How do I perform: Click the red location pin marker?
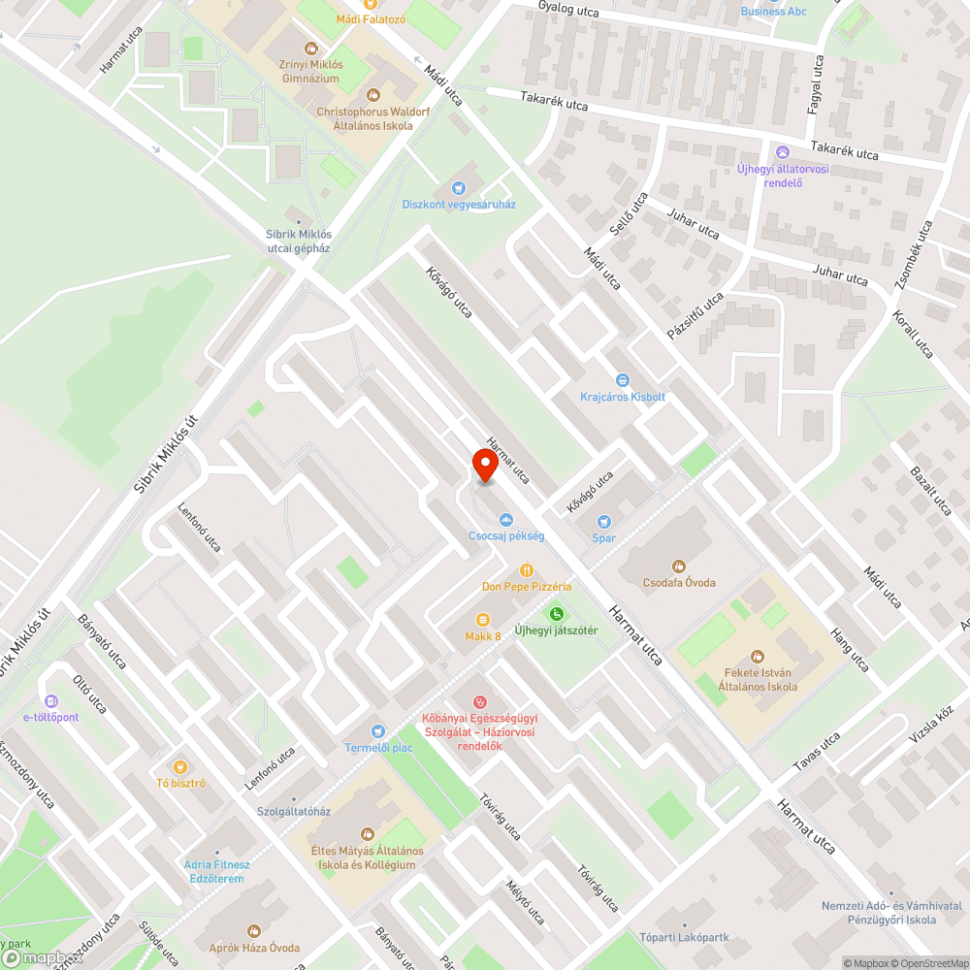[x=484, y=467]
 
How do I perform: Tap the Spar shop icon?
[x=603, y=521]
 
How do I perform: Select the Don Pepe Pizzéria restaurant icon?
[x=527, y=570]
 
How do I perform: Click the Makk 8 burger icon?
[x=482, y=620]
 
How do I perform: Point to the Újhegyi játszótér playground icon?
[x=557, y=613]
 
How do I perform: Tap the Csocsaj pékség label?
[x=506, y=535]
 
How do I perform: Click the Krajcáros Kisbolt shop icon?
[x=623, y=380]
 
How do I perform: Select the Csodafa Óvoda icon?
[x=679, y=566]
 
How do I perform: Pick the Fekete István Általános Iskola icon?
[x=758, y=657]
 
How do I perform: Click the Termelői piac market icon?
[x=378, y=730]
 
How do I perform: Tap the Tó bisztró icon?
[x=180, y=766]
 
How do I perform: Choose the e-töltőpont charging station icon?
[x=51, y=700]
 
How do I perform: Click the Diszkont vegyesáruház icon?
[x=460, y=187]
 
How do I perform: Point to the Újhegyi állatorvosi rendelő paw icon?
[x=783, y=152]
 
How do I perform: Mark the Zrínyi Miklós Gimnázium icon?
[x=310, y=47]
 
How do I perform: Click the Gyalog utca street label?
[x=568, y=10]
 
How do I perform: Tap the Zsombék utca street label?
[x=913, y=254]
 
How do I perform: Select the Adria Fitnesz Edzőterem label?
[x=217, y=871]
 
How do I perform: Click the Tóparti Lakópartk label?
[x=684, y=938]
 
